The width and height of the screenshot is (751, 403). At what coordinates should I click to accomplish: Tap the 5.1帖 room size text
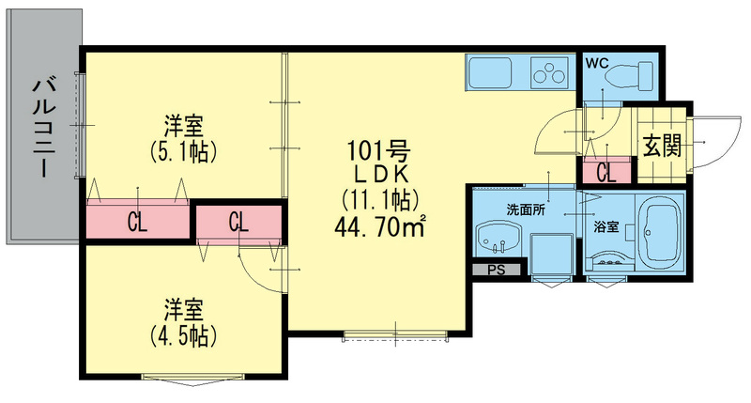[x=184, y=150]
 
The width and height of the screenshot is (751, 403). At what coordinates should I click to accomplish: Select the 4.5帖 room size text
[x=184, y=334]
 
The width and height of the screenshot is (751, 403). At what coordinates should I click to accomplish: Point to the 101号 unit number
[x=376, y=149]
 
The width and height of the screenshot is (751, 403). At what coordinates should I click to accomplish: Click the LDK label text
[x=376, y=174]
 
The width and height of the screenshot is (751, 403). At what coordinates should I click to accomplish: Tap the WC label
[x=598, y=64]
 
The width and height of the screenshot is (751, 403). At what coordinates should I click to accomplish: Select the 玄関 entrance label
[x=662, y=146]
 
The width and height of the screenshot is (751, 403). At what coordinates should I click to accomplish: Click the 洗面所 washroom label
[x=527, y=208]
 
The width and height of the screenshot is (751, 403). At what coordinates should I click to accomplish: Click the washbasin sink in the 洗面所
[x=498, y=238]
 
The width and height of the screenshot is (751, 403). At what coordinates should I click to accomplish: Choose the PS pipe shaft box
[x=497, y=271]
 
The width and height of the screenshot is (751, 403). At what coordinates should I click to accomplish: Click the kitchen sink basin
[x=490, y=70]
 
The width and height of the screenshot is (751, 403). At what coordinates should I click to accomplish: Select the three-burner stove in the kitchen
[x=549, y=70]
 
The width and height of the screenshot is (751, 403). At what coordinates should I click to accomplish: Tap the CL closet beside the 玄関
[x=606, y=173]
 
